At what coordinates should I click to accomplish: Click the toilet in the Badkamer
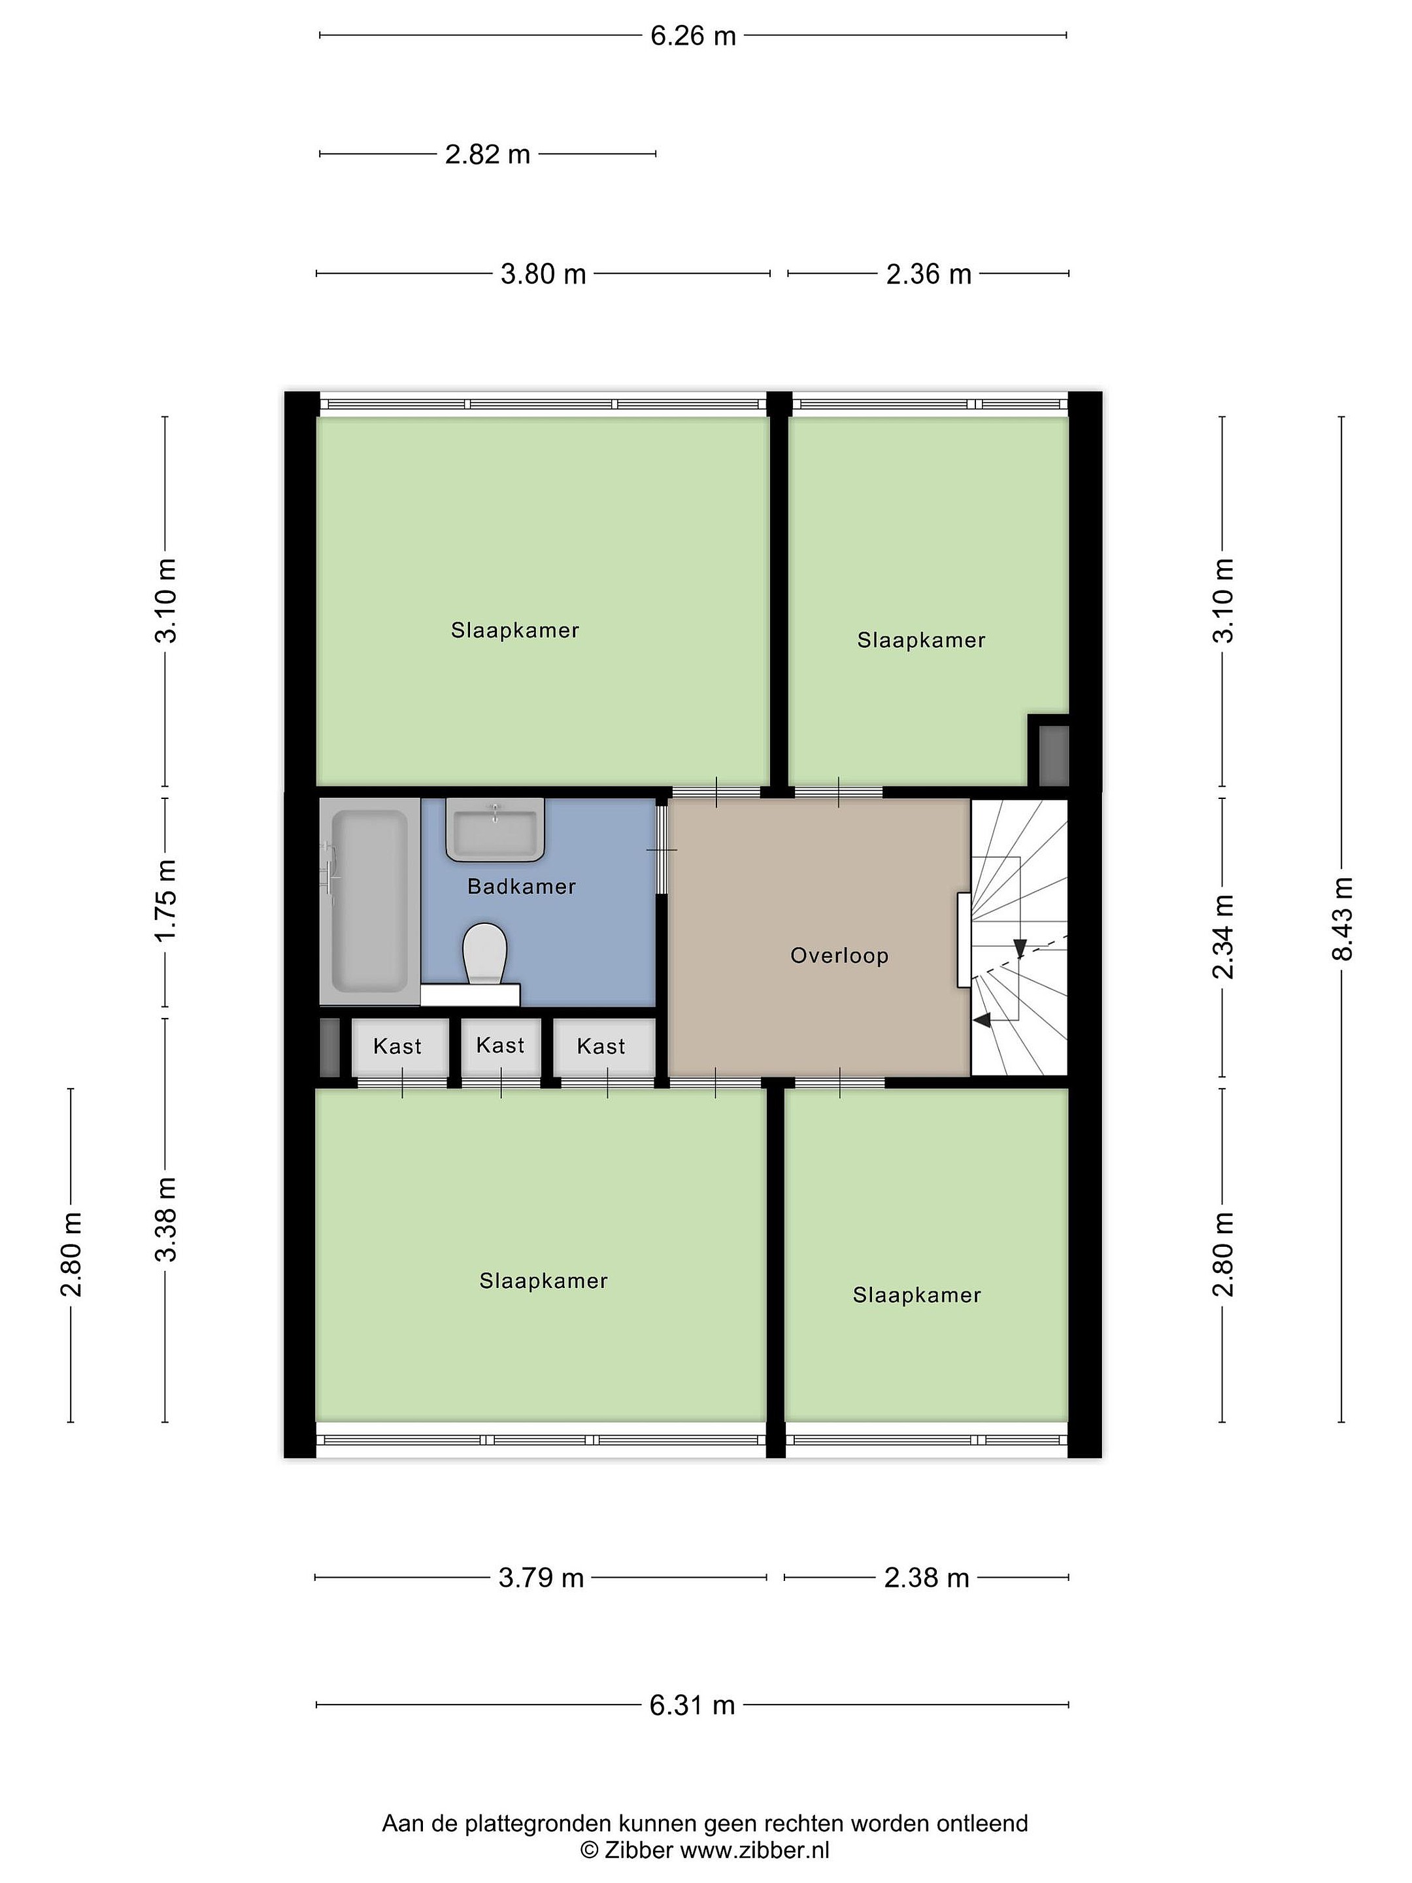click(484, 953)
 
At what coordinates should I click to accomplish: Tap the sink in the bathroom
click(494, 828)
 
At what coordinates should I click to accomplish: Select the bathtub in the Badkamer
click(369, 901)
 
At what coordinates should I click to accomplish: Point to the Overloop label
click(839, 955)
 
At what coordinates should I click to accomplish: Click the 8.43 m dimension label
click(1341, 919)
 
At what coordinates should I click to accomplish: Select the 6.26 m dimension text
click(693, 36)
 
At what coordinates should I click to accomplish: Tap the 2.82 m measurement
click(488, 154)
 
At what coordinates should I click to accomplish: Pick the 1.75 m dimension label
click(165, 900)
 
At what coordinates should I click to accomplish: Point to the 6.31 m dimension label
click(692, 1705)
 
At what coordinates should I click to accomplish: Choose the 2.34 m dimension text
click(1223, 936)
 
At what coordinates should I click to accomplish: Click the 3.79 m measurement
click(541, 1578)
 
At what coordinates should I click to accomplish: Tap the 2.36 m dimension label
click(928, 273)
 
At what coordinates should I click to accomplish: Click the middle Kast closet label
click(501, 1045)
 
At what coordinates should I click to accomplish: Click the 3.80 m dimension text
click(543, 273)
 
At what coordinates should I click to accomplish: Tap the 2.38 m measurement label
click(927, 1578)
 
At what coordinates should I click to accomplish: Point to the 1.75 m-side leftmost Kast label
click(397, 1046)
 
